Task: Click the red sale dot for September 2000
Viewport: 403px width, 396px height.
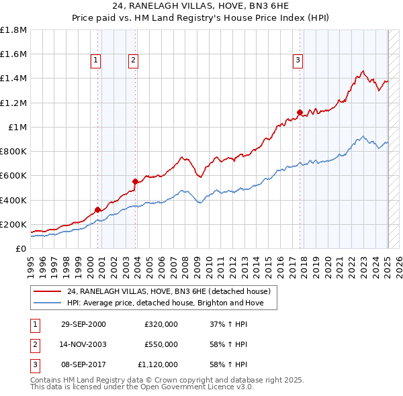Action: (x=98, y=209)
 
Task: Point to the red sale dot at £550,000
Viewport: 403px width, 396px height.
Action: (x=135, y=181)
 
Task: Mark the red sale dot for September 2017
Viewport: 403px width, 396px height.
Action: (x=300, y=112)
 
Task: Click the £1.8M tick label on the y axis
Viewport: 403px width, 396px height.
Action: (x=13, y=30)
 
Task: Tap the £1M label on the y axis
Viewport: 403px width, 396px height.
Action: (x=17, y=127)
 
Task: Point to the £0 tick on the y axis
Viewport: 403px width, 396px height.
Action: (x=21, y=248)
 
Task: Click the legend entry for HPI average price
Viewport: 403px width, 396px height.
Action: (x=170, y=303)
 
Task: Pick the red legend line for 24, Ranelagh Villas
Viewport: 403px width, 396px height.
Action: (x=47, y=292)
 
